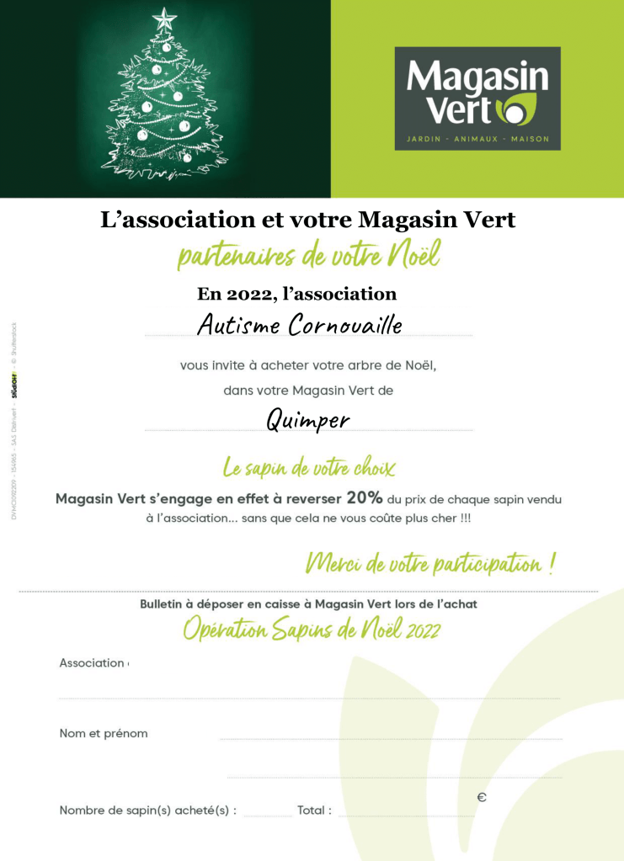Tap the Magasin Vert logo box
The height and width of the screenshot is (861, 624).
477,98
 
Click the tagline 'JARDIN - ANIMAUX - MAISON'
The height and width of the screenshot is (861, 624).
477,138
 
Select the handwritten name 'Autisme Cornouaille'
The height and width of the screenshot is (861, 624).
300,325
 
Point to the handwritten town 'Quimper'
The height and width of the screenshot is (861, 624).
308,419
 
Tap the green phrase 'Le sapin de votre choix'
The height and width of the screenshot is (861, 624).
308,467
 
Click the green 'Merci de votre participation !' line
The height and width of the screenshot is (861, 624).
429,563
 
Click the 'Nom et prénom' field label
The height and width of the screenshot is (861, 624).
104,733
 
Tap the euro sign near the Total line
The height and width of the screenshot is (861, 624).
482,797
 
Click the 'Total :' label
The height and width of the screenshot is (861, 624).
314,811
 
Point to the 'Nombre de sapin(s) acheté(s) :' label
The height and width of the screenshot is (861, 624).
148,811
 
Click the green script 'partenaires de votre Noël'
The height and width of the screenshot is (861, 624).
308,255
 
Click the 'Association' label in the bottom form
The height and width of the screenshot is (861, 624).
92,662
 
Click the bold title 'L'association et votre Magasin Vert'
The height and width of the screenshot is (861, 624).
308,221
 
